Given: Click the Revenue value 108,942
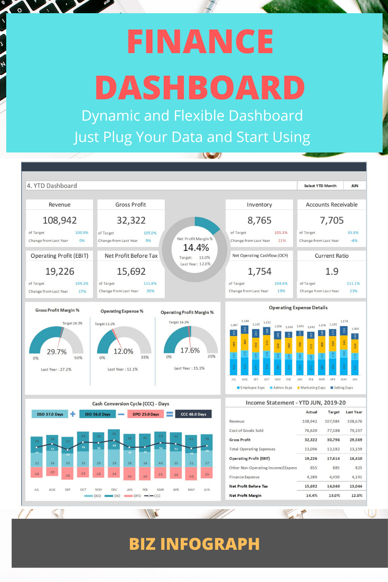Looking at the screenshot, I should [60, 220].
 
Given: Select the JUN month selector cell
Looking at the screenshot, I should [355, 186].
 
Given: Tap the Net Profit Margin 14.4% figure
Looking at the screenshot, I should [196, 248].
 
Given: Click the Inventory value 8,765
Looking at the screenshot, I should [260, 220].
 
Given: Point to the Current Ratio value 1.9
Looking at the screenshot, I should [332, 271].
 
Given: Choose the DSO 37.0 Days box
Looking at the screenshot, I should [50, 414].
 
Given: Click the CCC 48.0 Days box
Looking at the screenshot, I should [194, 414].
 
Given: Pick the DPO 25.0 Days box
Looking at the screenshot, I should [146, 414].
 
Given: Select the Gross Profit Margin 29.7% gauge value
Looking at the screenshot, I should [57, 352].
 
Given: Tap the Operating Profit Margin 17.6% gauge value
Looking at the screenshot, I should [190, 350].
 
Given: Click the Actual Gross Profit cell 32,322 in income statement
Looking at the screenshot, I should [311, 440].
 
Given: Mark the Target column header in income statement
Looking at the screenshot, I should [334, 412].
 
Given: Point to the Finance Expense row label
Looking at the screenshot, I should [244, 477].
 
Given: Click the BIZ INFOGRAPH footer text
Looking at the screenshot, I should [194, 544].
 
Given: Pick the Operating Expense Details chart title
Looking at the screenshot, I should [298, 308].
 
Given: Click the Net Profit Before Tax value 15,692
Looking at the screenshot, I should [131, 271].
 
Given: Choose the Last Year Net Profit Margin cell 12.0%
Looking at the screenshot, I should [357, 495].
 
